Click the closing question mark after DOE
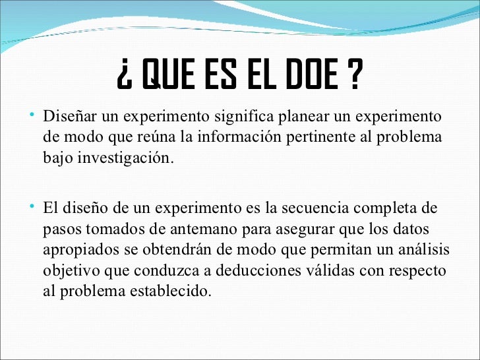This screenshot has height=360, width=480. coord(354,78)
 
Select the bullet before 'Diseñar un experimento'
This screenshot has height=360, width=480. coord(34,116)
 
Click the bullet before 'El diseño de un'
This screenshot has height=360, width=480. coord(34,208)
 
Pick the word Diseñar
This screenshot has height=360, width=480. coord(63,117)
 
